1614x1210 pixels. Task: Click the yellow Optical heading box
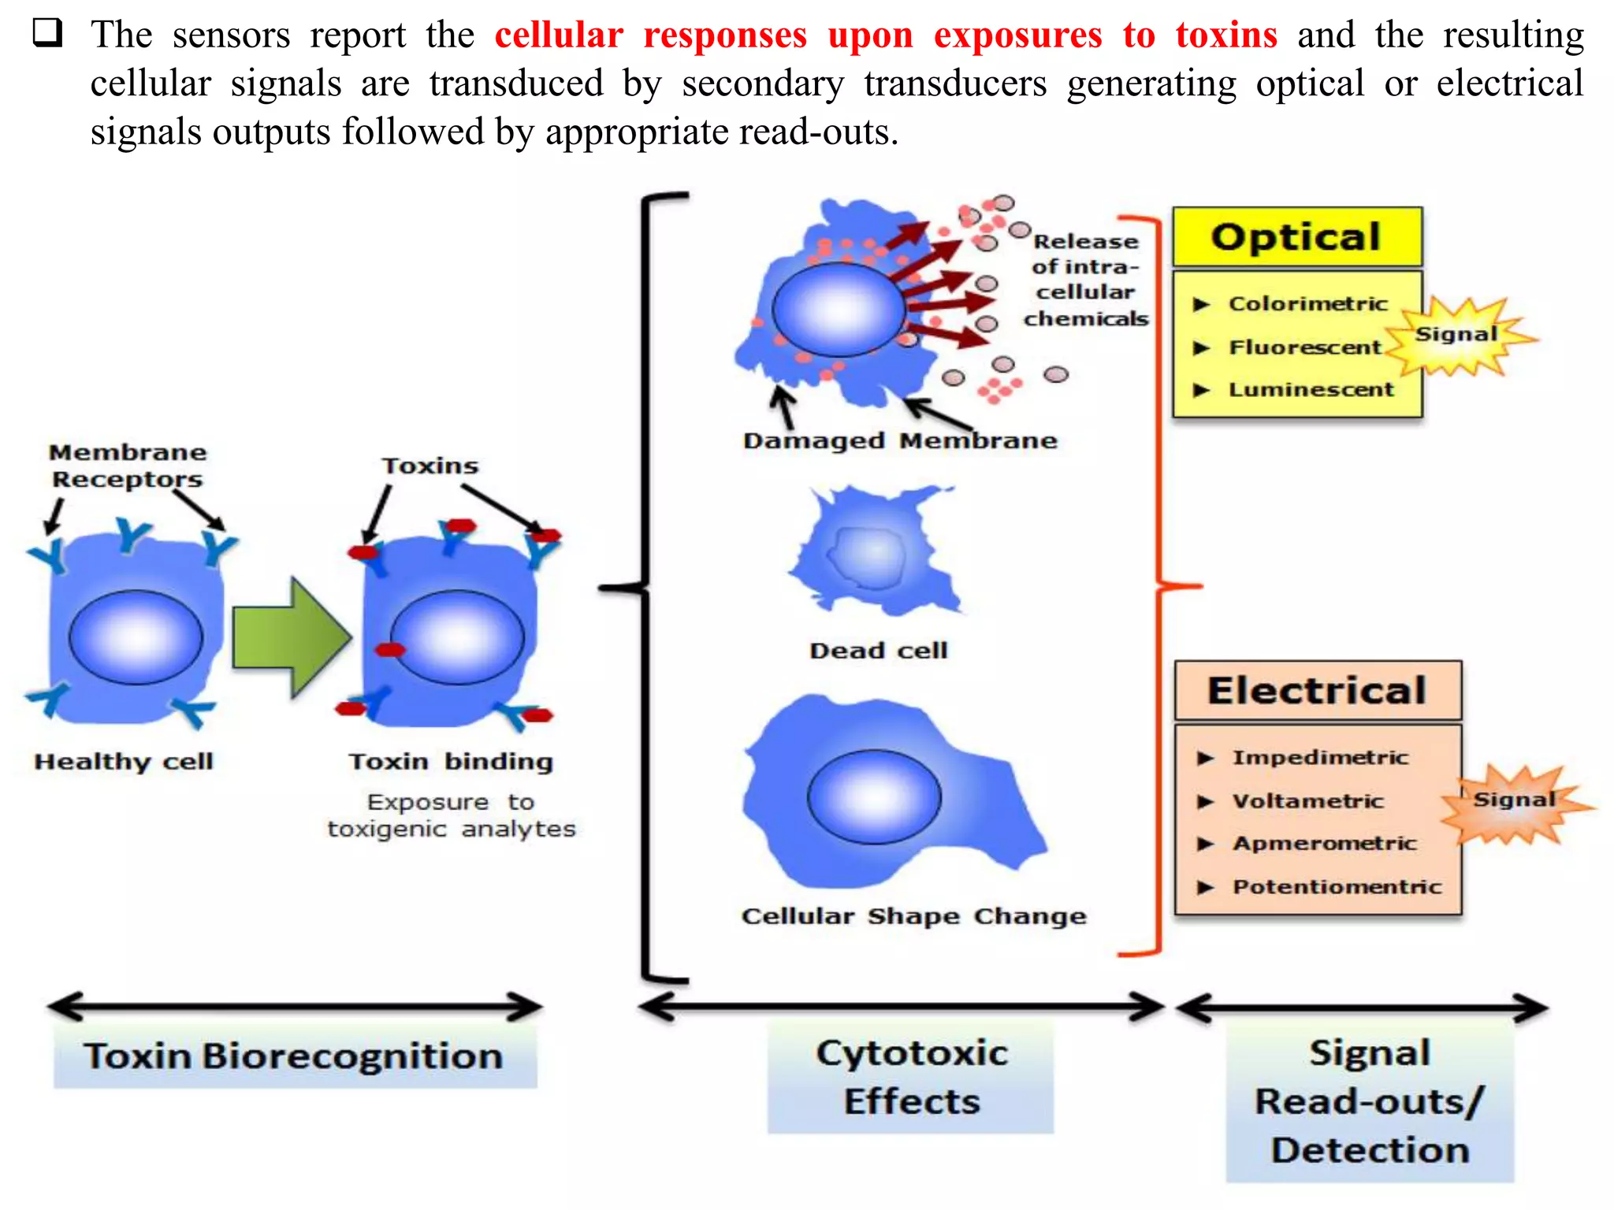[1296, 237]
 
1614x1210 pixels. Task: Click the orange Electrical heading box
[1317, 691]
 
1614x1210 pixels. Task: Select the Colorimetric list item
[1307, 304]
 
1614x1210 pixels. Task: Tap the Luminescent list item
[1311, 390]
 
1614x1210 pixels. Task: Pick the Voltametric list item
[1307, 801]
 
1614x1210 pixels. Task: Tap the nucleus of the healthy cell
[136, 637]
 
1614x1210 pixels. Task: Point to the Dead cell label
[878, 651]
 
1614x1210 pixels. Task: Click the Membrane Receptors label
[127, 466]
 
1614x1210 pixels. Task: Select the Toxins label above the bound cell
[430, 466]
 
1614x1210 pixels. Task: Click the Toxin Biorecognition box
[295, 1056]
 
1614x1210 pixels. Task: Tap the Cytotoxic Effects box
[910, 1077]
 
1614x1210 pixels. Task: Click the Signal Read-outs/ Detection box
[1370, 1101]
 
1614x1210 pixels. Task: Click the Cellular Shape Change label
[913, 916]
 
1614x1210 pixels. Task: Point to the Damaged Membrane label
[899, 440]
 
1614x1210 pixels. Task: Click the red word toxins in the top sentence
[1225, 35]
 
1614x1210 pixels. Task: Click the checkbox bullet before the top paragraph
[48, 33]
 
